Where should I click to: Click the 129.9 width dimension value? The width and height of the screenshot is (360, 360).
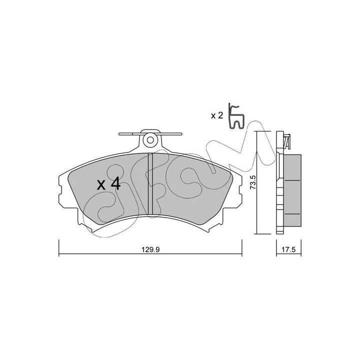[150, 249]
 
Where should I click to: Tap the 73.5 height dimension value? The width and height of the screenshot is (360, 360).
[252, 182]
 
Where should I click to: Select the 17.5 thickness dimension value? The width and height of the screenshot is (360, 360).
[288, 249]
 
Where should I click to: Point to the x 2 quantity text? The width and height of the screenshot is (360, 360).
[217, 115]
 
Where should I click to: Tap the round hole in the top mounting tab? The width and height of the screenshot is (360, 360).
[150, 140]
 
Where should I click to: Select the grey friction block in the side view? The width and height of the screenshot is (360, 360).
[292, 190]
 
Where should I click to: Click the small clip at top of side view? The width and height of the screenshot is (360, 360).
[287, 140]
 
